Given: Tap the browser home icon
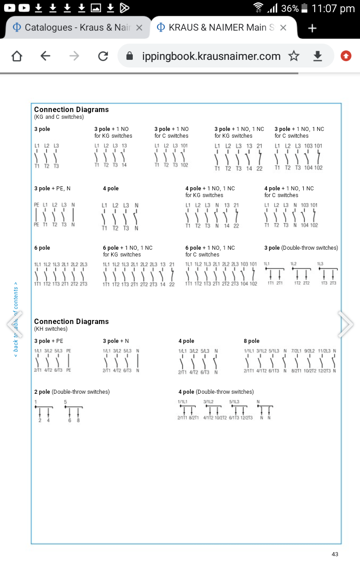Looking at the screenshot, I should click(17, 56).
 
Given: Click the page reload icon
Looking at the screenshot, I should click(103, 56).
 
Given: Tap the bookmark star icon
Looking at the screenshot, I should click(294, 56).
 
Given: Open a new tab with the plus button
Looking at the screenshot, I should click(312, 28).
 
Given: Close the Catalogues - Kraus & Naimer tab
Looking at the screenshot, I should click(139, 28).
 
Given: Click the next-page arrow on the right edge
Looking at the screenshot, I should click(346, 324).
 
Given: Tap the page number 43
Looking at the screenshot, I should click(335, 554).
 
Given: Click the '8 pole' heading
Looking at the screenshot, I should click(252, 341).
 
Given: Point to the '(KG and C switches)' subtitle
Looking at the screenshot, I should click(59, 117).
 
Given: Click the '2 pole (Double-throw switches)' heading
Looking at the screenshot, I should click(72, 392).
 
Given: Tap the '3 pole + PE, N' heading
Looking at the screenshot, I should click(52, 189).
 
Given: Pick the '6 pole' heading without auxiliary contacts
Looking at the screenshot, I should click(42, 248).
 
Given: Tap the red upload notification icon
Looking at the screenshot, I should click(346, 56).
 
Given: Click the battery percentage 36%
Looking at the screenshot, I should click(290, 9).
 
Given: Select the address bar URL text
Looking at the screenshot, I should click(211, 56).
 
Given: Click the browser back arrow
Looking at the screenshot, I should click(45, 56).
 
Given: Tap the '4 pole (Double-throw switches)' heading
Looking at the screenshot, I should click(216, 392).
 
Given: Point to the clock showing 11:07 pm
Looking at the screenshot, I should click(333, 9).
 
